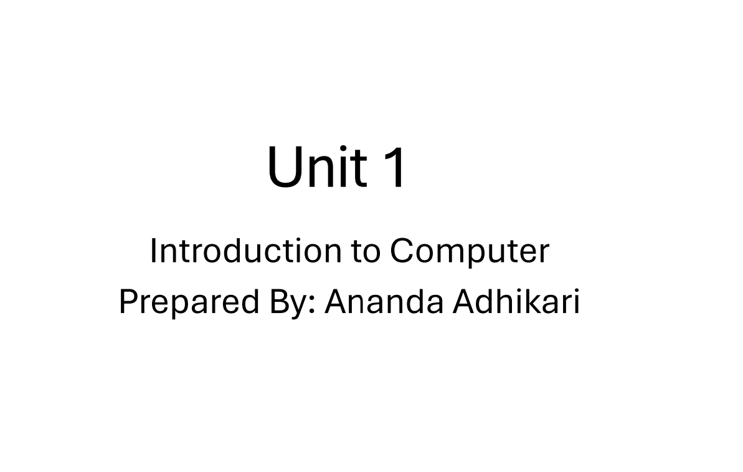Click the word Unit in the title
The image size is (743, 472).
316,166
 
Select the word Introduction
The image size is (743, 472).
245,251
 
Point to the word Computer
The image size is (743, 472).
470,252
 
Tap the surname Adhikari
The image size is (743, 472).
516,302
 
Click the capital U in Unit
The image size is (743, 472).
284,166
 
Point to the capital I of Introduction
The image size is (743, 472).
153,251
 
